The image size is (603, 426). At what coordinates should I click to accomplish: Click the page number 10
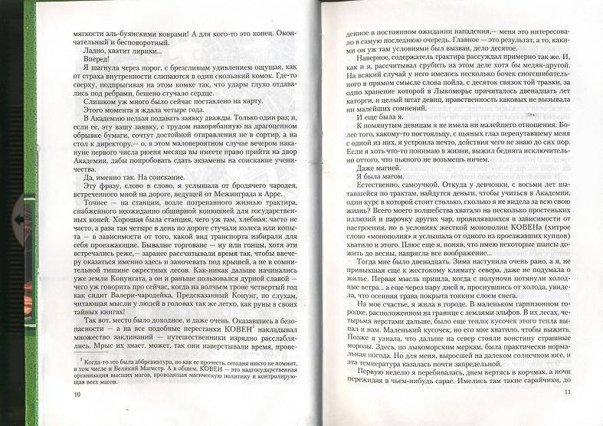point(76,415)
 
